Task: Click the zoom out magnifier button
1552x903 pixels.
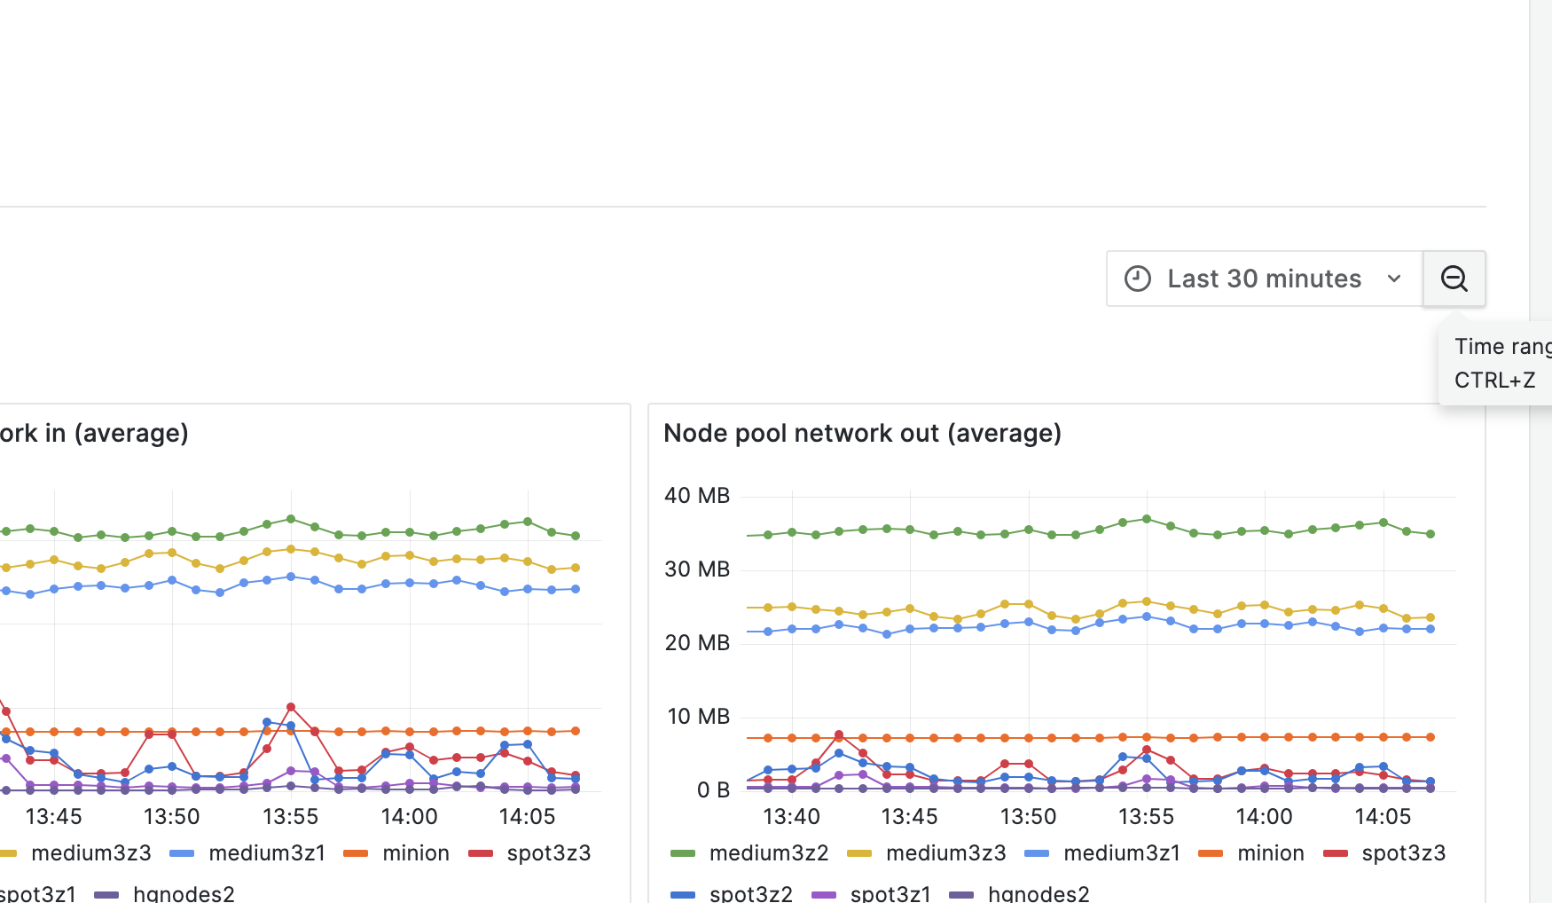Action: coord(1454,279)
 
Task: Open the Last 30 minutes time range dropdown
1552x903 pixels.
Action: coord(1264,279)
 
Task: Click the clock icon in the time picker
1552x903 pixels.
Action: coord(1138,279)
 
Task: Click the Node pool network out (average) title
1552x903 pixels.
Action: coord(862,433)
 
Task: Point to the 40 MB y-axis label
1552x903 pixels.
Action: coord(697,496)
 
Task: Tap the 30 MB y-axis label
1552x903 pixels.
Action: coord(697,569)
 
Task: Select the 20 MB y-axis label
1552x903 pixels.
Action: coord(697,643)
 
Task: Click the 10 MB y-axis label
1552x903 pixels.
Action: coord(698,717)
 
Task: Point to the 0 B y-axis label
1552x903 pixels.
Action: coord(713,790)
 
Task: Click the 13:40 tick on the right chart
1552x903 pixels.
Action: coord(791,817)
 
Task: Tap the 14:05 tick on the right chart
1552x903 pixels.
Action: coord(1383,817)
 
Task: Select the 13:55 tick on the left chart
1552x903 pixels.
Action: coord(290,817)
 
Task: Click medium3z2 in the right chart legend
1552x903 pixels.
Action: coord(768,853)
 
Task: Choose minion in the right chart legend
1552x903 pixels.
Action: coord(1270,853)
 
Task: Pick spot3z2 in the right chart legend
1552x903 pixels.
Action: coord(750,893)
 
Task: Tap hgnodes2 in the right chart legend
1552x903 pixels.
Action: coord(1038,893)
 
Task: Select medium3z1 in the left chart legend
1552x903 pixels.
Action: coord(266,853)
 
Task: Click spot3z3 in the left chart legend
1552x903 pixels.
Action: coord(548,853)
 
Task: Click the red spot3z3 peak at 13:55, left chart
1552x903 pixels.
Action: coord(291,707)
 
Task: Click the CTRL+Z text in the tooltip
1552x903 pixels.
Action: coord(1494,381)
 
